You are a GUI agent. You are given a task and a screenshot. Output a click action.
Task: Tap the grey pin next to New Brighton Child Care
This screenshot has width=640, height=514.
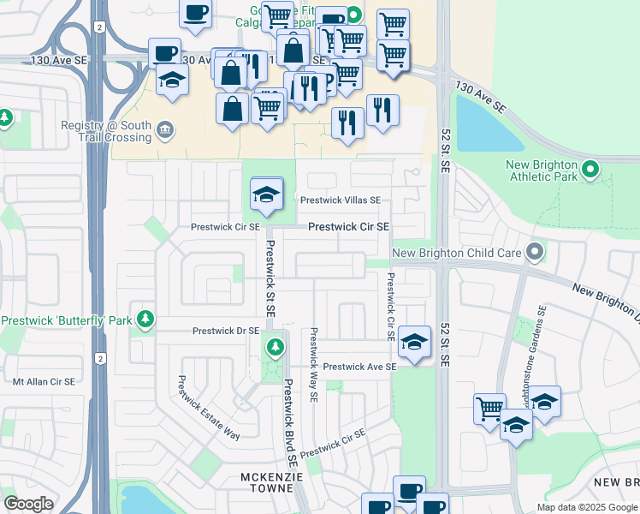tap(535, 253)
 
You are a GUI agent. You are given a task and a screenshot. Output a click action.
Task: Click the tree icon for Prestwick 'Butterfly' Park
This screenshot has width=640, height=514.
tap(145, 320)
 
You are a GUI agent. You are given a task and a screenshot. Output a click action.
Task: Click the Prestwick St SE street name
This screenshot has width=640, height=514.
tap(270, 278)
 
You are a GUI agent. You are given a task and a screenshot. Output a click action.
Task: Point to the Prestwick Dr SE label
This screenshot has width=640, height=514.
tap(225, 330)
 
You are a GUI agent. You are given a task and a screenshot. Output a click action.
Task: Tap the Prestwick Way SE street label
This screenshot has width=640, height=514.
tap(314, 365)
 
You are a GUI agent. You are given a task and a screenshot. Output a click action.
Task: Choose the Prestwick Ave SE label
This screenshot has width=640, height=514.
tap(359, 366)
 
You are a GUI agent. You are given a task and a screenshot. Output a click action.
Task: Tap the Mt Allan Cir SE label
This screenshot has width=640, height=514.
tap(43, 381)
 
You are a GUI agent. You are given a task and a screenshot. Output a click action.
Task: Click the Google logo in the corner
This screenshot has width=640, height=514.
tap(28, 504)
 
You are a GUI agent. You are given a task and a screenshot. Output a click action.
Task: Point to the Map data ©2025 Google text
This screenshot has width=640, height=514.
tap(586, 507)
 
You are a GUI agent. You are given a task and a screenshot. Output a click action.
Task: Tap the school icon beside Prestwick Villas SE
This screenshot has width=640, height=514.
tap(267, 194)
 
